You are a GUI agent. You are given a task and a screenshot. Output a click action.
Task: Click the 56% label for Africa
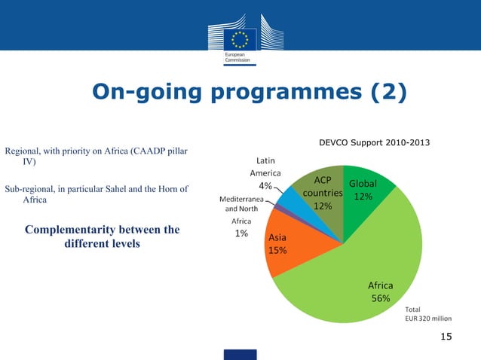coord(380,298)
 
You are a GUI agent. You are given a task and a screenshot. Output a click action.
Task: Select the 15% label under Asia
coord(277,250)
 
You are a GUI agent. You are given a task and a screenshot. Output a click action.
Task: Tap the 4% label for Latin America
coord(265,186)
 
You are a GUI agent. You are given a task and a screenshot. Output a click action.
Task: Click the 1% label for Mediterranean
coord(241,233)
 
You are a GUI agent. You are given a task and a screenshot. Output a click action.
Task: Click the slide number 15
coord(446,336)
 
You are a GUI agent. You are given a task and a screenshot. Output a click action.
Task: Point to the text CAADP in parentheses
coord(148,151)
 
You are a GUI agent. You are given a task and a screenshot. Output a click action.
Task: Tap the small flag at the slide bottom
coord(240,354)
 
